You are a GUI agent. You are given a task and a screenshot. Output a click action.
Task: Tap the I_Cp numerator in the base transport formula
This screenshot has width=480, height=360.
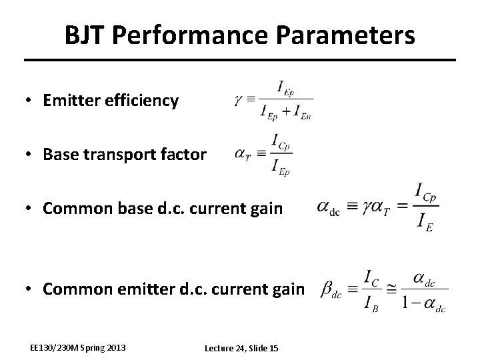(x=281, y=141)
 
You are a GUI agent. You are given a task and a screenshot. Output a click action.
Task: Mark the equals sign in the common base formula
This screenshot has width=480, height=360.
(x=402, y=207)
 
